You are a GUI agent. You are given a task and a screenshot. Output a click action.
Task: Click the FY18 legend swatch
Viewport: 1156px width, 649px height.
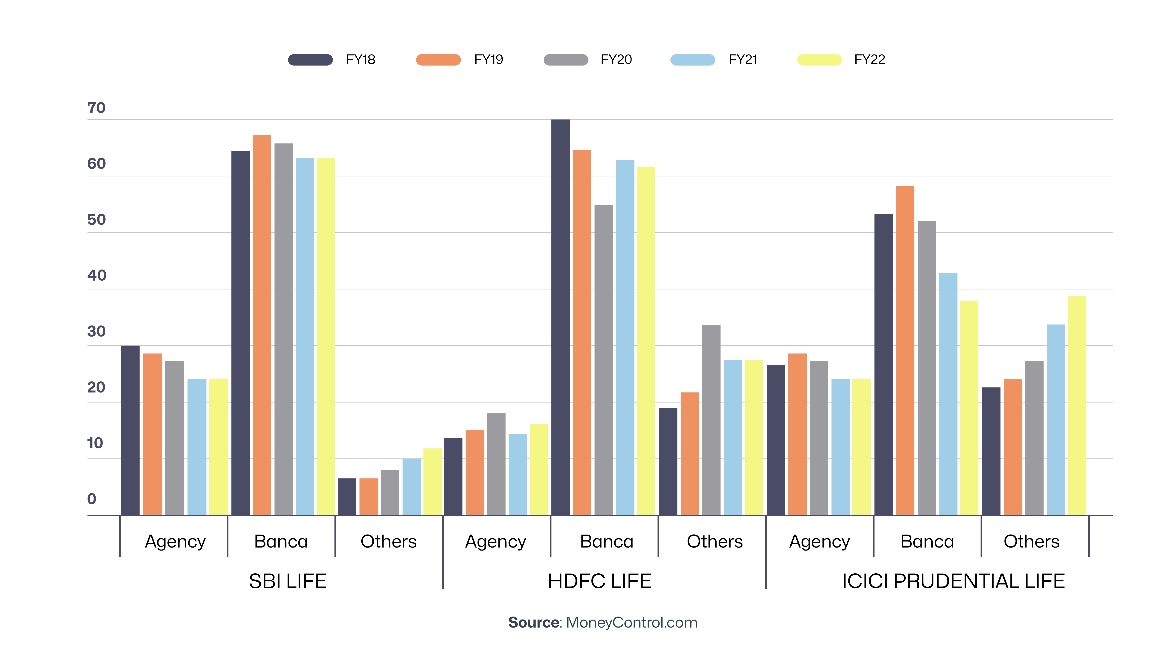(310, 60)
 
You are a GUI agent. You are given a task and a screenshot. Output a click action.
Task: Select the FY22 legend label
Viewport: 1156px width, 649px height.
(869, 60)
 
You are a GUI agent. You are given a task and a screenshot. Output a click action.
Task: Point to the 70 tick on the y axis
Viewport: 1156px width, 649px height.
(96, 108)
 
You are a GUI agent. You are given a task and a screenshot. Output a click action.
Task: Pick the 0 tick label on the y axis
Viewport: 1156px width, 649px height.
(92, 499)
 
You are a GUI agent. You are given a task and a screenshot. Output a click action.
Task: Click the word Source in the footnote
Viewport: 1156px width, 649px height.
(533, 623)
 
